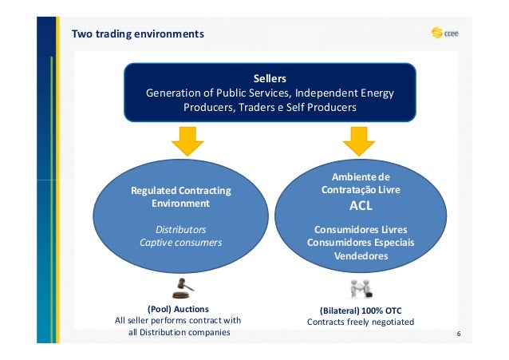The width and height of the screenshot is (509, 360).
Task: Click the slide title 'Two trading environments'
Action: click(138, 34)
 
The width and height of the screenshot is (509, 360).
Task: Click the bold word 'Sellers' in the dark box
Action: click(270, 78)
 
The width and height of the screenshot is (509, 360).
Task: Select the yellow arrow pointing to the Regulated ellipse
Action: click(187, 141)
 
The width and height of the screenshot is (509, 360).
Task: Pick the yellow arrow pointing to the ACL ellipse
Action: click(359, 141)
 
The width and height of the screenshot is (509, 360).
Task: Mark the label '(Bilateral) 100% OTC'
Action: click(361, 310)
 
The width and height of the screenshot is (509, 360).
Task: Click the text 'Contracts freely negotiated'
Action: click(361, 322)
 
